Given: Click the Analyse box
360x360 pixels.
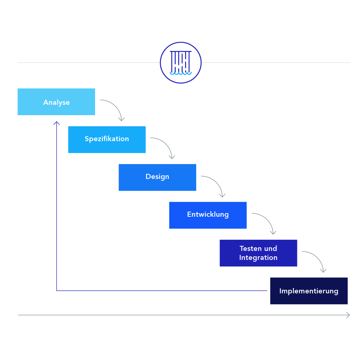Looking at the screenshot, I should [56, 102].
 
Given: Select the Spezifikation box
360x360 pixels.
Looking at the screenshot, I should [107, 139].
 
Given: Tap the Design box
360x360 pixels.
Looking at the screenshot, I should [157, 177].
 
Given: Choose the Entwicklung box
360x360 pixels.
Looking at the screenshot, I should [208, 215].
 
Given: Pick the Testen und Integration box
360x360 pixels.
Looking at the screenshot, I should [258, 253].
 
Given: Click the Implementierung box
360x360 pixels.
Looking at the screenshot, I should [309, 291].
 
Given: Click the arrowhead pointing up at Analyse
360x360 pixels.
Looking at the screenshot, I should [57, 123].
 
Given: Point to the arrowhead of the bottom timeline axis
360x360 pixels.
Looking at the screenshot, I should [348, 315].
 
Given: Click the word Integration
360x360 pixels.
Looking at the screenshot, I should [258, 258].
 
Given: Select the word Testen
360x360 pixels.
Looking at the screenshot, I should [248, 248].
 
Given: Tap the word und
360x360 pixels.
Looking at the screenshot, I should [270, 248].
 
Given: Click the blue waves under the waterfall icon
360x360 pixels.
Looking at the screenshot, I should [181, 73].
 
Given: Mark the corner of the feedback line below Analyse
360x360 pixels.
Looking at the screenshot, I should [57, 290].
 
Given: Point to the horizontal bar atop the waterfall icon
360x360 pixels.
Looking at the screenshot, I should [181, 51].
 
